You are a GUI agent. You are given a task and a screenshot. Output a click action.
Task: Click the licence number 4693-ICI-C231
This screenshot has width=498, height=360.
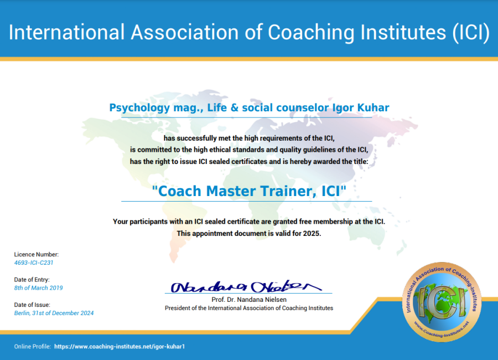pos(34,263)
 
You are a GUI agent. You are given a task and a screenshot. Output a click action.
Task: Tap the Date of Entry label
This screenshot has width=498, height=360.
pos(32,280)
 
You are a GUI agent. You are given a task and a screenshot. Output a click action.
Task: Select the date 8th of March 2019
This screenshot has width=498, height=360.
pos(38,288)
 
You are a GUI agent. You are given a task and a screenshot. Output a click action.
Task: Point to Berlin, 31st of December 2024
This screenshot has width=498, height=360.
pos(54,313)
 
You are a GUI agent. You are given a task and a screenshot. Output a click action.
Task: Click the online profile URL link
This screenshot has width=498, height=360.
pos(119,346)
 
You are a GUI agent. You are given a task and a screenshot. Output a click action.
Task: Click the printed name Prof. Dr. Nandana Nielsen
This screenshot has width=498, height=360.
pos(249,300)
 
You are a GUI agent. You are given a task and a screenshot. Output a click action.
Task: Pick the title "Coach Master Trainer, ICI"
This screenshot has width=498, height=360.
pos(249,191)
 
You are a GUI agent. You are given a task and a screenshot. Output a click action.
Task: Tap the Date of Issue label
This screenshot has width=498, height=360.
pos(32,305)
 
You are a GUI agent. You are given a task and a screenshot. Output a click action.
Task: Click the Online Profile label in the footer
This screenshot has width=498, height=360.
pos(32,346)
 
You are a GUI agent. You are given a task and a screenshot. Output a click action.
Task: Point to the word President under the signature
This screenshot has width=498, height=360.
pos(177,308)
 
